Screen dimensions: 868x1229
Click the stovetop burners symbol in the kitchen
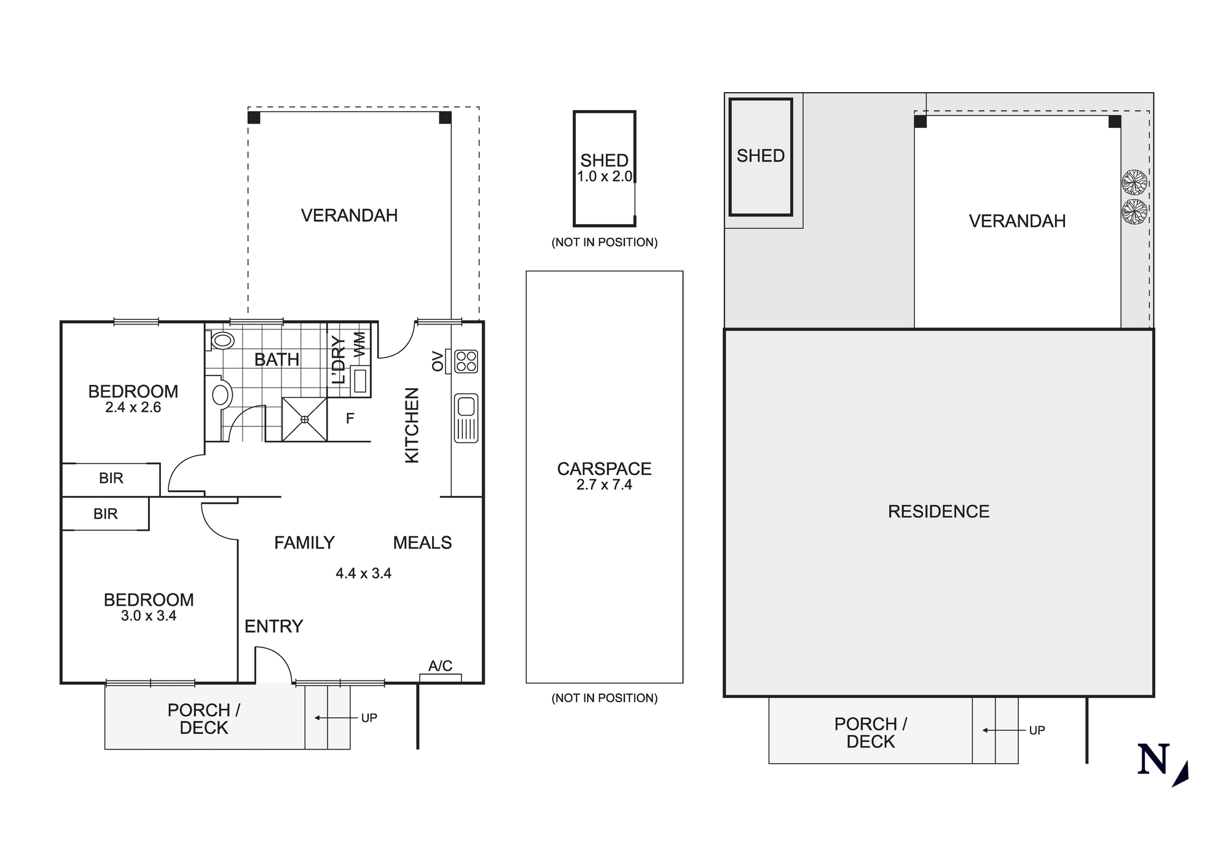coord(466,361)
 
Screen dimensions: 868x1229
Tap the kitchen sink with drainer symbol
coord(466,418)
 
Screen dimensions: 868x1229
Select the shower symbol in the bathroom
coord(304,419)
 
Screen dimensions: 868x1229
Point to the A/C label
coord(440,666)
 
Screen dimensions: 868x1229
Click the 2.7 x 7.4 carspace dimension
coord(604,485)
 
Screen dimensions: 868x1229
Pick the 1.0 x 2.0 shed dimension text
coord(604,177)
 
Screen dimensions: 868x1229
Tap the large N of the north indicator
coord(1153,760)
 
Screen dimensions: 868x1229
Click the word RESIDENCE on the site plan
coord(938,512)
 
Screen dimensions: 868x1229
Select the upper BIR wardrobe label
coord(111,479)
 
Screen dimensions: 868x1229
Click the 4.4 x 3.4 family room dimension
coord(363,574)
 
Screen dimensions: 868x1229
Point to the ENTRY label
coord(273,627)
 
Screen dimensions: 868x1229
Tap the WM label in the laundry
coord(360,344)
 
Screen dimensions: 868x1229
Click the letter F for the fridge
coord(350,419)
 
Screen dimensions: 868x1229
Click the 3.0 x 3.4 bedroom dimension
coord(149,616)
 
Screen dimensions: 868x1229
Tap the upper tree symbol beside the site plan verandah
coord(1134,182)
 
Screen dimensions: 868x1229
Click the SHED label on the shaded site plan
coord(760,156)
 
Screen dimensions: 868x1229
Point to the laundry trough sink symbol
coord(360,380)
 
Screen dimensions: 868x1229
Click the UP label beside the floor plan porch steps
coord(369,718)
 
